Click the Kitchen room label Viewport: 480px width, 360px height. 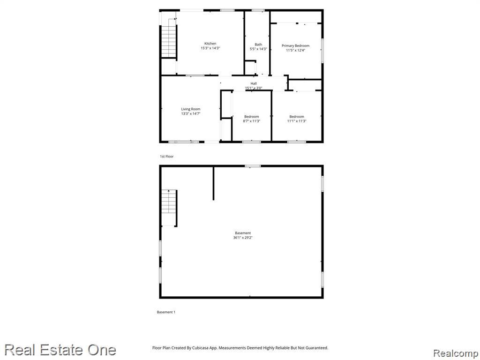coord(210,44)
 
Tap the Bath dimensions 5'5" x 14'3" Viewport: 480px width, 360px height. coord(258,49)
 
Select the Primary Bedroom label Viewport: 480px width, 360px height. coord(295,45)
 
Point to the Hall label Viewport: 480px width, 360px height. coord(254,83)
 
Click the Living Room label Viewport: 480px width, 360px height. coord(191,109)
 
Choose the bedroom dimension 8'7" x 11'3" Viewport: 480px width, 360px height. coord(252,121)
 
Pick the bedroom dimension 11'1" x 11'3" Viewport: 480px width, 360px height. coord(297,121)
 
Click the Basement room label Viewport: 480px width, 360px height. coord(243,233)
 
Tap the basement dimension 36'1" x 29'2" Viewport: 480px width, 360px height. coord(243,238)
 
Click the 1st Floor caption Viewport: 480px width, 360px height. coord(166,157)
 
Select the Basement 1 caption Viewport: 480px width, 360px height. coord(166,312)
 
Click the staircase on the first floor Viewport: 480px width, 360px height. coord(169,41)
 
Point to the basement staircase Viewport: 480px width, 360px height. coord(169,208)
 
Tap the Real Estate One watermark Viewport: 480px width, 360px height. coord(60,350)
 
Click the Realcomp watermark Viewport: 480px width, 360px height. coord(455,353)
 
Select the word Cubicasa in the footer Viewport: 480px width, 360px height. coord(201,348)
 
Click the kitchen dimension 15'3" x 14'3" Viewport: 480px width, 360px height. coord(210,48)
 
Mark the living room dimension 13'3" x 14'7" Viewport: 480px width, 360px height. coord(191,113)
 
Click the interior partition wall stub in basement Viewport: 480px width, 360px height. coord(213,183)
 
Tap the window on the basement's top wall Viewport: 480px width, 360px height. coord(253,166)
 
